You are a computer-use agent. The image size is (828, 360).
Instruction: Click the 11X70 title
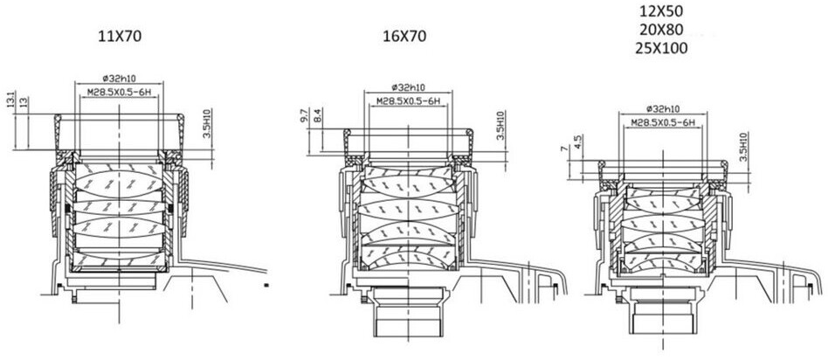120,37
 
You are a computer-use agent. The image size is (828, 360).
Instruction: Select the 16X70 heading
404,37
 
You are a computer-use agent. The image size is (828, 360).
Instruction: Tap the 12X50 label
665,10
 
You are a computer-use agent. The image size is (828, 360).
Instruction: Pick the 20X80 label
665,29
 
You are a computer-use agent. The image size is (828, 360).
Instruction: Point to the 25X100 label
665,48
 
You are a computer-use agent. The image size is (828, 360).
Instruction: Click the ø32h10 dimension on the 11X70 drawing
119,79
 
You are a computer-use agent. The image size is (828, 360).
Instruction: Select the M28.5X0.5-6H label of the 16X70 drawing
408,101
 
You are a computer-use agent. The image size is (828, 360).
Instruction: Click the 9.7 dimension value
305,115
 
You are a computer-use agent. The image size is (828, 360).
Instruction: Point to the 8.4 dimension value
317,115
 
